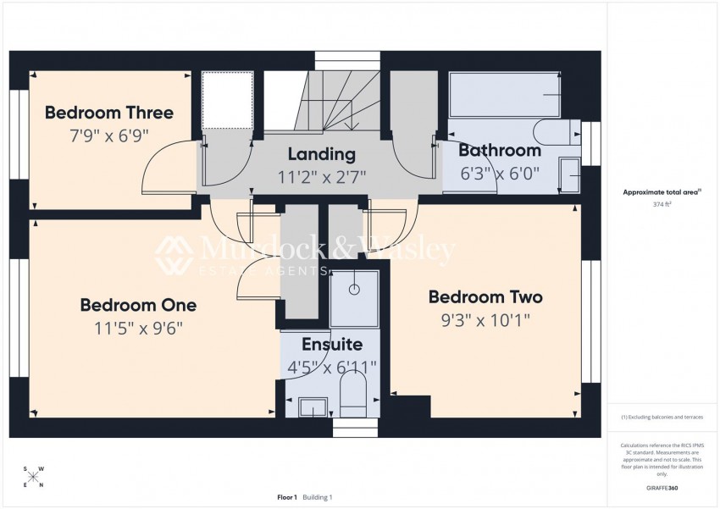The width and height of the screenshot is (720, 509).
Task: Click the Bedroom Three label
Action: [108, 113]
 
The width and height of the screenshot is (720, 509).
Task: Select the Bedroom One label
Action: [138, 305]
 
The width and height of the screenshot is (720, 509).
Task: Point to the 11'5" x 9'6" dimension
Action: [138, 327]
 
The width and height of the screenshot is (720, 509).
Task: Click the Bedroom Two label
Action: [485, 297]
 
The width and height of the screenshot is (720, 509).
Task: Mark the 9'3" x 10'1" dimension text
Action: [485, 320]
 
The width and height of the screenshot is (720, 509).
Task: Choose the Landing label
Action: [321, 154]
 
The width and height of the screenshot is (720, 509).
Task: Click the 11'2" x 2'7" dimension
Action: [321, 176]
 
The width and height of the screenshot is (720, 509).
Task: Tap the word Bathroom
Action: [499, 151]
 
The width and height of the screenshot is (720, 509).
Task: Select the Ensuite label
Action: [333, 345]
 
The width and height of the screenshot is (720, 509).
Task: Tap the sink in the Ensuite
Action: [313, 407]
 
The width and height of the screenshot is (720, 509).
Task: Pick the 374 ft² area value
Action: [663, 204]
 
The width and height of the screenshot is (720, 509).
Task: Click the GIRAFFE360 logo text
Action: [662, 488]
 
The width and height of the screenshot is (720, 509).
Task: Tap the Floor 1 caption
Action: [287, 497]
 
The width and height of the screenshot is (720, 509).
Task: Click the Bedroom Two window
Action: [590, 322]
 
